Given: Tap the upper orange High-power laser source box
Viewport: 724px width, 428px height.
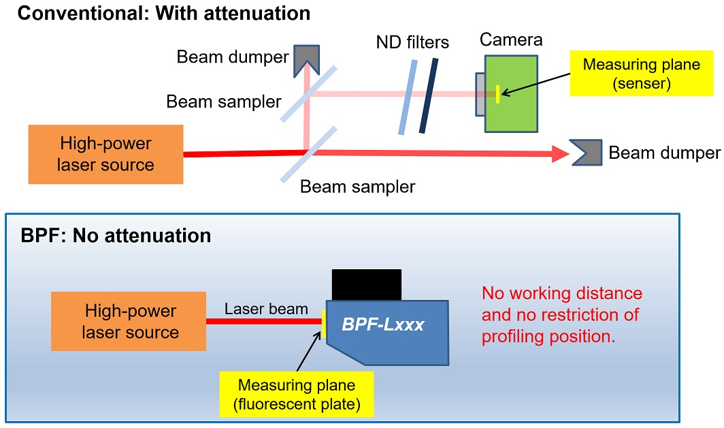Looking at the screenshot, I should (x=106, y=155).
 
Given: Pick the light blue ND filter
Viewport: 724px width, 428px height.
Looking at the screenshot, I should (x=406, y=95).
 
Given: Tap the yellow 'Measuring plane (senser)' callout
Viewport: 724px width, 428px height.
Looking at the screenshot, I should (x=631, y=74).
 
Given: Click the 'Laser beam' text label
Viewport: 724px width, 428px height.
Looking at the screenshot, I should (x=266, y=309).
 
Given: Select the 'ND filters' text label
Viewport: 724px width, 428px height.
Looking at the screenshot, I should (x=412, y=43).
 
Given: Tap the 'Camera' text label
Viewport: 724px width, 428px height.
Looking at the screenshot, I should (x=511, y=40).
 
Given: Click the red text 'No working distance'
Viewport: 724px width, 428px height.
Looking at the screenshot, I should (x=561, y=294).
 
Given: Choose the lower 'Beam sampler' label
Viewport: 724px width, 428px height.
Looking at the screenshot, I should (x=357, y=186).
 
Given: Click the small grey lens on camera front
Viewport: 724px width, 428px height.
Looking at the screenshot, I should (x=480, y=94).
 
